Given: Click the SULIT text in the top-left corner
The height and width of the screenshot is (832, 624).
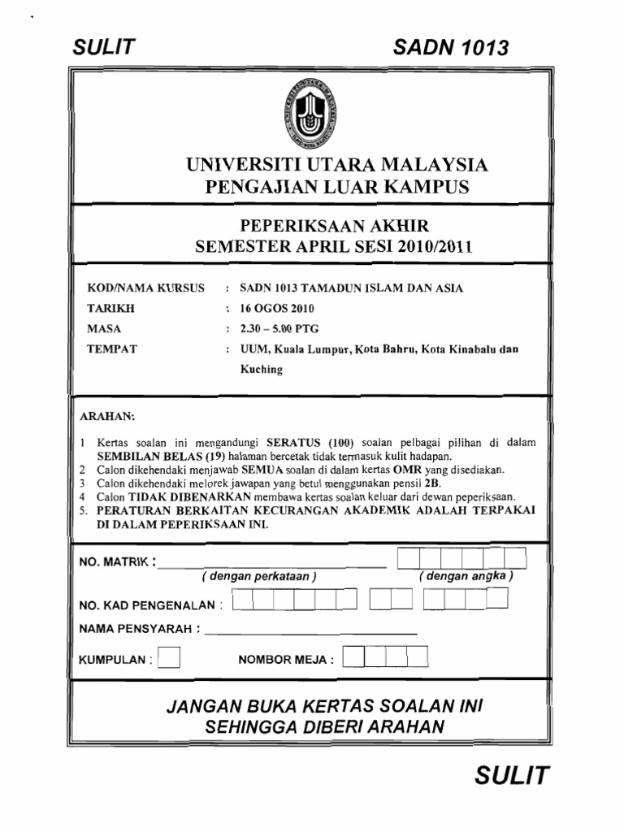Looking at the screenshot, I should click(x=102, y=48).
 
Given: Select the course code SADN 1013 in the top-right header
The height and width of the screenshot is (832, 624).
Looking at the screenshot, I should click(x=451, y=48).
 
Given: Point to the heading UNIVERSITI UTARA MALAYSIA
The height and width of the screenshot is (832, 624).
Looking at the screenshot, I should click(x=337, y=166).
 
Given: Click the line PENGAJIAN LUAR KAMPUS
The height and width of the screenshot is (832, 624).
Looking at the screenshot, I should click(x=337, y=188).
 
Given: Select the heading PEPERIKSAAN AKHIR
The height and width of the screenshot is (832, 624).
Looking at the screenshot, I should click(x=333, y=225).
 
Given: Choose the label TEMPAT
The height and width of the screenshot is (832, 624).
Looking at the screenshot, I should click(x=112, y=349).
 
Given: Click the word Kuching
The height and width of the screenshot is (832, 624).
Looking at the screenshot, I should click(x=262, y=369).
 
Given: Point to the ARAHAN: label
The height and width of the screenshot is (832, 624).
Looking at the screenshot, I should click(x=106, y=416).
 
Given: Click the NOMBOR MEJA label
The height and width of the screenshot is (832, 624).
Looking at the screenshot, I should click(x=285, y=660).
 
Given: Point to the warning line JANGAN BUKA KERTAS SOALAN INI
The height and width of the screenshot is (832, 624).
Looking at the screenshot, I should click(x=325, y=705).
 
